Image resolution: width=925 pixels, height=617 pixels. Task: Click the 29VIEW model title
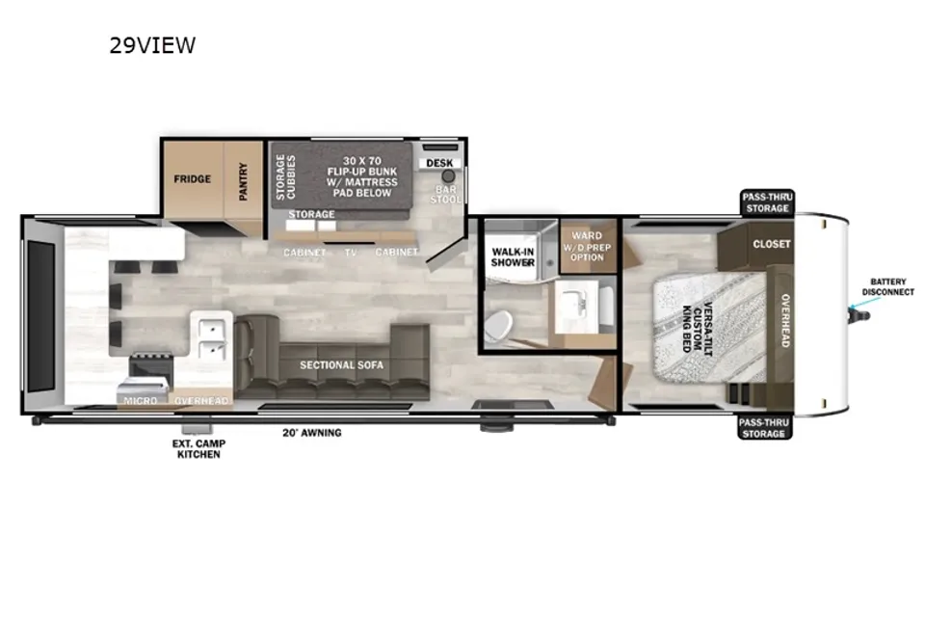pyautogui.click(x=152, y=45)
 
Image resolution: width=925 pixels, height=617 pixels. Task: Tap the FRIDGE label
pyautogui.click(x=193, y=179)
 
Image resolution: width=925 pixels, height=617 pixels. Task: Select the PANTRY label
pyautogui.click(x=243, y=181)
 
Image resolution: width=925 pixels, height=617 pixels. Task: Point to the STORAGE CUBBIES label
pyautogui.click(x=285, y=176)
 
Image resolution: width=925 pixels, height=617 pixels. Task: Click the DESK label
pyautogui.click(x=439, y=163)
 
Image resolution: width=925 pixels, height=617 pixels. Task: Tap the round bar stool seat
pyautogui.click(x=449, y=176)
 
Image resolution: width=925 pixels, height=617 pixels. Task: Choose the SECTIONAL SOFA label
pyautogui.click(x=341, y=364)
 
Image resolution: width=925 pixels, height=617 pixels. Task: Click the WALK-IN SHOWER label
pyautogui.click(x=513, y=256)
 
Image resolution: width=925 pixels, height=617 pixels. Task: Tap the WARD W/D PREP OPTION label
pyautogui.click(x=587, y=246)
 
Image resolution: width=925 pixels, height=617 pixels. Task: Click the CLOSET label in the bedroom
pyautogui.click(x=772, y=244)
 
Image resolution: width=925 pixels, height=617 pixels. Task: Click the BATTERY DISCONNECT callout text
pyautogui.click(x=887, y=287)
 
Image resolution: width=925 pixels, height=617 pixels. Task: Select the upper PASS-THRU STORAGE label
pyautogui.click(x=767, y=202)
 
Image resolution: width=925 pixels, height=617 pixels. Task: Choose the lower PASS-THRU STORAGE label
pyautogui.click(x=764, y=428)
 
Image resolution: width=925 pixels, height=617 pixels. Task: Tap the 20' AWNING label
pyautogui.click(x=312, y=433)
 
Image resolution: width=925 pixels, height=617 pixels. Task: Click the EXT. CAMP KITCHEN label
pyautogui.click(x=198, y=448)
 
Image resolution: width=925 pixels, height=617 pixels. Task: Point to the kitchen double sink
pyautogui.click(x=212, y=338)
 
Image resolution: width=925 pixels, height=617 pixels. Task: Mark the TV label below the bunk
pyautogui.click(x=351, y=253)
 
